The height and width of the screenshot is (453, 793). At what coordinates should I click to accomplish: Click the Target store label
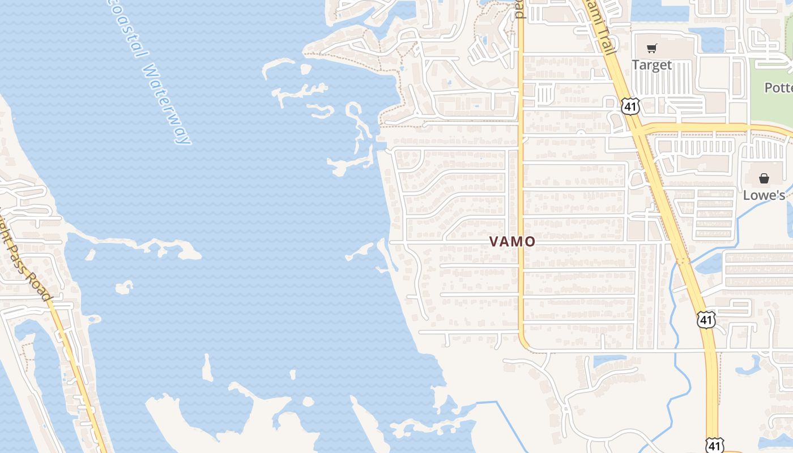coord(651,65)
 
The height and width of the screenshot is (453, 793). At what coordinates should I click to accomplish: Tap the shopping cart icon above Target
coord(651,49)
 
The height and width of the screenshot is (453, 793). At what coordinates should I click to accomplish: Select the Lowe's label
coord(764,195)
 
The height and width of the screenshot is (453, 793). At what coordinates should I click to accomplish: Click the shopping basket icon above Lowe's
coord(764,179)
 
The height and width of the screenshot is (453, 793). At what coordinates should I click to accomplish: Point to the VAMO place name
coord(512,242)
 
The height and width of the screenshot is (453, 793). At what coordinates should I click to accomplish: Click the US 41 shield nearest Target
coord(630,106)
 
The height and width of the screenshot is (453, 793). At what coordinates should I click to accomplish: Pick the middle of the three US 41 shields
coord(706,320)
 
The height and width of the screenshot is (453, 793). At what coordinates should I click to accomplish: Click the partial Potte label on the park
coord(778,88)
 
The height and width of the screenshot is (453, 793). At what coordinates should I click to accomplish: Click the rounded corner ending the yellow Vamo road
coord(525,344)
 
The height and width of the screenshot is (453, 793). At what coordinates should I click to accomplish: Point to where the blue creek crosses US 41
coord(682,262)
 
